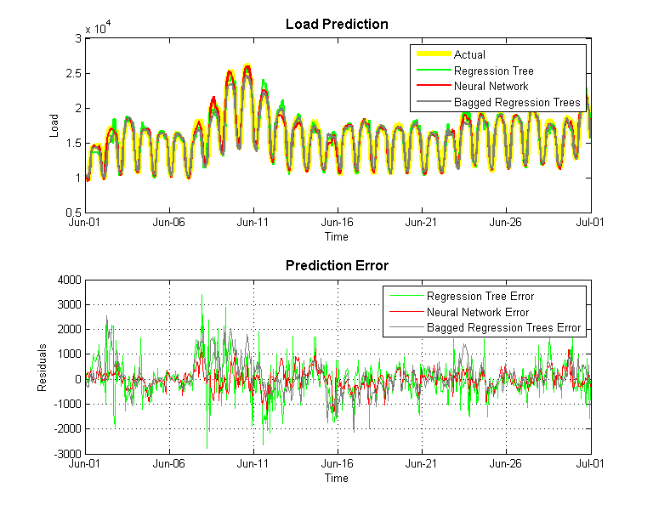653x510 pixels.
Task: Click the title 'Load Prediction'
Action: [x=337, y=24]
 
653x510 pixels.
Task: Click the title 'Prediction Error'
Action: [x=337, y=265]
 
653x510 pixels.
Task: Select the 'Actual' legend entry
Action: [x=469, y=55]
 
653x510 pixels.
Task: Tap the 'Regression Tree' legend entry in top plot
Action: [x=493, y=71]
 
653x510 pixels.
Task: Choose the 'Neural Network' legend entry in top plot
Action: [x=491, y=86]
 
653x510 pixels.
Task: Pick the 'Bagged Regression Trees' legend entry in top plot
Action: [x=517, y=102]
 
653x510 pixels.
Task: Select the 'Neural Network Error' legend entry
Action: [x=477, y=312]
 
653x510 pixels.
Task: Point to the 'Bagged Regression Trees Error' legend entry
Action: [x=503, y=327]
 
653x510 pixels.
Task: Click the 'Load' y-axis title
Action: [x=54, y=125]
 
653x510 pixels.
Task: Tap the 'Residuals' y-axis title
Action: [x=42, y=367]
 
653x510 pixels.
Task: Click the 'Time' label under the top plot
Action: [x=337, y=236]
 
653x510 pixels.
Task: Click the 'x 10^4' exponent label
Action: [x=98, y=29]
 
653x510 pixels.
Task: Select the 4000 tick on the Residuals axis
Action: [x=68, y=279]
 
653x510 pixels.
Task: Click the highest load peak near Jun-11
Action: [x=247, y=65]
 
